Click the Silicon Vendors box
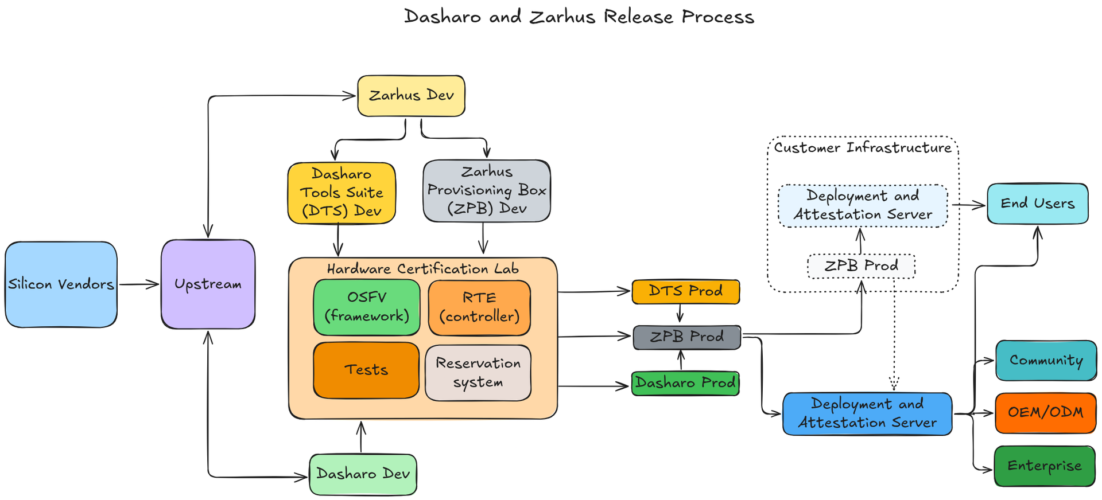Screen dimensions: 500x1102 (x=61, y=284)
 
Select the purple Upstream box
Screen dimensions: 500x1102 (x=208, y=284)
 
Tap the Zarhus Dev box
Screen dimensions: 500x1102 (x=411, y=96)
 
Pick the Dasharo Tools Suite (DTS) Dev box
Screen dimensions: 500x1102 (x=342, y=193)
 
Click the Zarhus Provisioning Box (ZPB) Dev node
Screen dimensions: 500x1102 (x=487, y=190)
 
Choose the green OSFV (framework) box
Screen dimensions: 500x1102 (x=367, y=307)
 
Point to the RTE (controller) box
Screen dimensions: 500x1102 (x=479, y=307)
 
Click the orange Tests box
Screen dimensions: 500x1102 (x=366, y=370)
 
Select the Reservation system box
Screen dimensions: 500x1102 (x=478, y=373)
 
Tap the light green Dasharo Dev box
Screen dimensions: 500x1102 (x=363, y=474)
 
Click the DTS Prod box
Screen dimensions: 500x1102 (x=685, y=291)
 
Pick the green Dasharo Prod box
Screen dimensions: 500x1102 (x=685, y=383)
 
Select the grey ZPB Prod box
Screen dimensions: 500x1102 (x=686, y=337)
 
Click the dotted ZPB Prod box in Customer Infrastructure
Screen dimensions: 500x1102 (x=861, y=266)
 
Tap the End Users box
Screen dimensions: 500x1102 (x=1037, y=204)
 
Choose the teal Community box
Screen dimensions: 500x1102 (x=1046, y=361)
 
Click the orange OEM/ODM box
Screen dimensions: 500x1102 (x=1045, y=412)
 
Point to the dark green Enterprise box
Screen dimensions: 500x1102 (x=1044, y=466)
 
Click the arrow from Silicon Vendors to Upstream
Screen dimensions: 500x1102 (x=139, y=284)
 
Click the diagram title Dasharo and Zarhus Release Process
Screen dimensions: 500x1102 (x=579, y=17)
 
